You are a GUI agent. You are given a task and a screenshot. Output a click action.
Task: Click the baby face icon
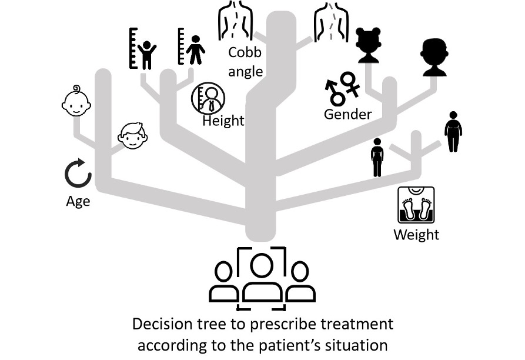click(x=77, y=101)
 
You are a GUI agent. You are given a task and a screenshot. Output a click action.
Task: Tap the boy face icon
click(x=132, y=136)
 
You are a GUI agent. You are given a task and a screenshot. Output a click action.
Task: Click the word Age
click(x=78, y=201)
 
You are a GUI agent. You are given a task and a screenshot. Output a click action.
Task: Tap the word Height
click(x=223, y=121)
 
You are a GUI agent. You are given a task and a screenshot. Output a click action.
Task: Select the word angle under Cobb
click(x=246, y=72)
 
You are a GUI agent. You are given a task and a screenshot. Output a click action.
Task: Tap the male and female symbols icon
click(x=342, y=88)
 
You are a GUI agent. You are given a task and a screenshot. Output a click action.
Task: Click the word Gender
click(x=347, y=114)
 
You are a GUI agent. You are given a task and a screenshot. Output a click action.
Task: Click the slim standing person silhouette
click(x=377, y=157)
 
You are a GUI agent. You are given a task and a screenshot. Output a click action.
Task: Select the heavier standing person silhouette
click(x=452, y=132)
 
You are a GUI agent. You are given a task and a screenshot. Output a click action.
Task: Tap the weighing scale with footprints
click(x=416, y=205)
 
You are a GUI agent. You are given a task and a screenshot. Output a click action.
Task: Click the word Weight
click(x=416, y=235)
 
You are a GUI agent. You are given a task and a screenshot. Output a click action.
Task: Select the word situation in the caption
click(x=359, y=344)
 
